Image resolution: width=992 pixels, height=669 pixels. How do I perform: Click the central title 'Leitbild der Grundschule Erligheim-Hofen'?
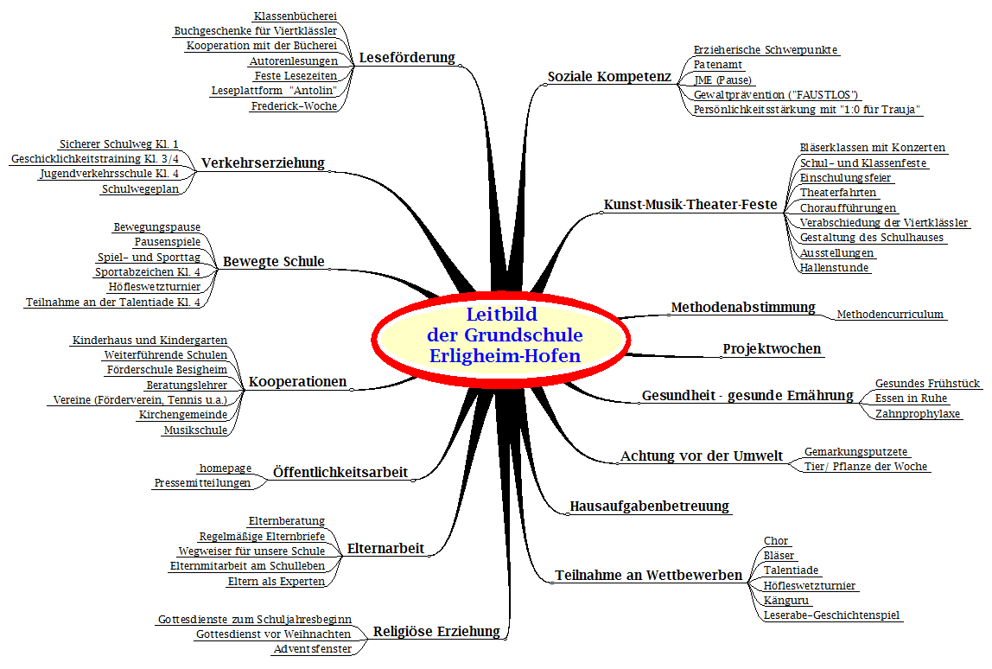(505, 334)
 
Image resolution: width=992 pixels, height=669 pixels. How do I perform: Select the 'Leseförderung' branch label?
(408, 58)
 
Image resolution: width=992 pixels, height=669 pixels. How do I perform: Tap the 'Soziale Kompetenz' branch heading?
(609, 77)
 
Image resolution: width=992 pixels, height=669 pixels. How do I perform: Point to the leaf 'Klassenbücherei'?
(296, 16)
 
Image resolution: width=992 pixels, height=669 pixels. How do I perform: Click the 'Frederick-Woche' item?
(294, 106)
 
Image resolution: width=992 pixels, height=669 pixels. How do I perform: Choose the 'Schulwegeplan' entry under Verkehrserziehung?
(141, 189)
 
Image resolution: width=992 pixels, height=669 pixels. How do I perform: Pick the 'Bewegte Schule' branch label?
(274, 261)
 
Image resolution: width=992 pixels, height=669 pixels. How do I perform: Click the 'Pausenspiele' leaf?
(168, 242)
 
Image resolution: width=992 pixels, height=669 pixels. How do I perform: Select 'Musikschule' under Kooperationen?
(195, 430)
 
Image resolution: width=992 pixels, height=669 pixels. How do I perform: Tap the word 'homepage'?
(226, 468)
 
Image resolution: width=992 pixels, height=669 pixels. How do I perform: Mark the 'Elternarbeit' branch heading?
(386, 549)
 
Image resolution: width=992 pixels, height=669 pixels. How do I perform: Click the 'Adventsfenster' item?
(313, 649)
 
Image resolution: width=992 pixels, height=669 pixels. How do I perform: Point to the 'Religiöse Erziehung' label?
(436, 632)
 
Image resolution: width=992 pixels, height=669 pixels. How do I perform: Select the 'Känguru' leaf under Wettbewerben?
(786, 601)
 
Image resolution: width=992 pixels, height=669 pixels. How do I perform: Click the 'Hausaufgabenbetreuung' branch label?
(650, 507)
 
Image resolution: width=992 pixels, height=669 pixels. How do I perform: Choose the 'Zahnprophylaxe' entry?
(918, 414)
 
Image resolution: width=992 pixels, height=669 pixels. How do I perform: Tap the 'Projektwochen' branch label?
(772, 349)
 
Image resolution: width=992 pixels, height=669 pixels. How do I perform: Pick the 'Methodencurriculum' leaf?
(890, 315)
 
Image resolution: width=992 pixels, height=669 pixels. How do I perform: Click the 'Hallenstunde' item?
(835, 268)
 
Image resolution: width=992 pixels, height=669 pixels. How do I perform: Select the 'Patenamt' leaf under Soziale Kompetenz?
(718, 65)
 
